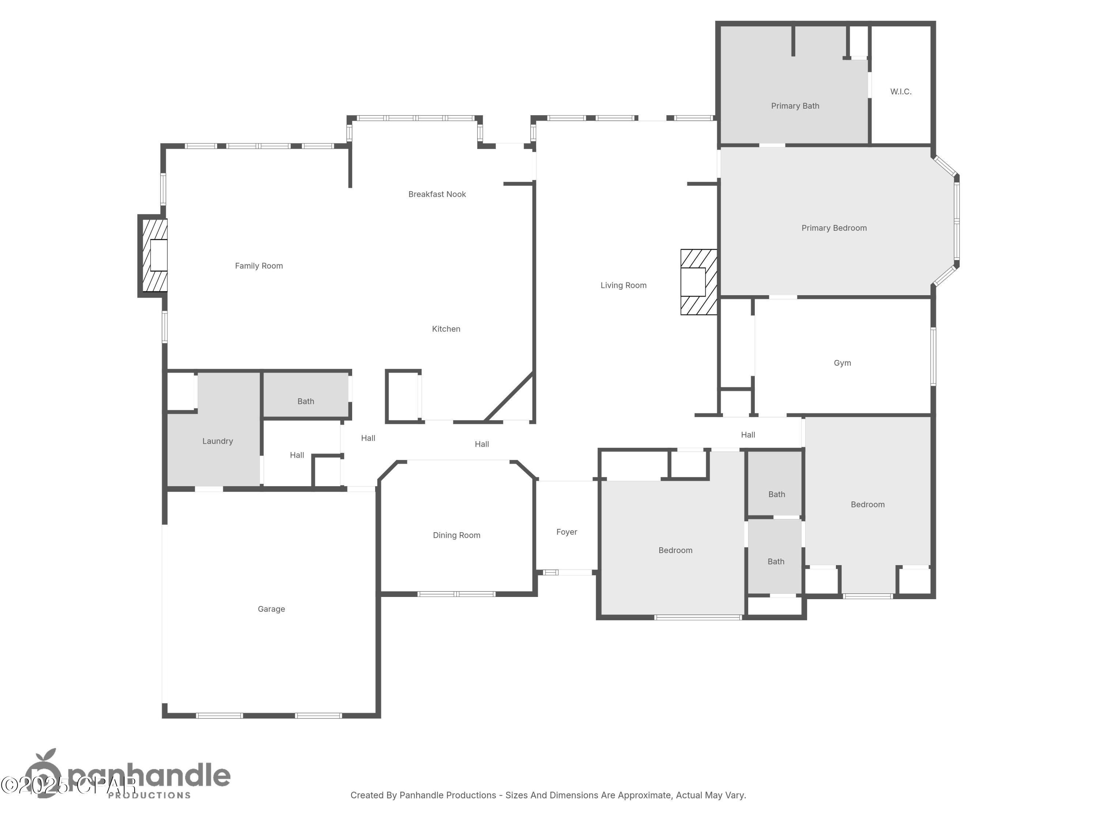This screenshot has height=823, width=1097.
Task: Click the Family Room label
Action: click(x=259, y=266)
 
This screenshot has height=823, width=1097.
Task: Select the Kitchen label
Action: click(x=446, y=329)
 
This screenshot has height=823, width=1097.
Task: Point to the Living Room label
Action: click(x=623, y=285)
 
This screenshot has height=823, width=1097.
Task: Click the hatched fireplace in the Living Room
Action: click(x=698, y=282)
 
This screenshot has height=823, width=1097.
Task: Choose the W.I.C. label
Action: click(x=901, y=92)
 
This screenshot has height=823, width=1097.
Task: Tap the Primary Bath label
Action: click(x=795, y=106)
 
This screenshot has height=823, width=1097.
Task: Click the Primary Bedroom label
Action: click(x=834, y=228)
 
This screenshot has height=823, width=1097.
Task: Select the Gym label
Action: click(x=842, y=363)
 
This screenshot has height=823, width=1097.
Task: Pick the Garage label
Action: click(x=271, y=609)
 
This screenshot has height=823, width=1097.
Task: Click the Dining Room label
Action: click(x=456, y=535)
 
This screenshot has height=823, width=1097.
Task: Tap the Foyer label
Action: click(x=566, y=532)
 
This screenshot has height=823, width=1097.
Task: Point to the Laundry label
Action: click(x=217, y=441)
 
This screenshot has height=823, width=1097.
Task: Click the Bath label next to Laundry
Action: click(x=305, y=401)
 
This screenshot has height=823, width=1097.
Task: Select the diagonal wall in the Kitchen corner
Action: click(x=509, y=397)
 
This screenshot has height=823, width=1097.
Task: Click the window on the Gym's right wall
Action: click(x=933, y=356)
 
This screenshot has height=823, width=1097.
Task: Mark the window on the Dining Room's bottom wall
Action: click(x=456, y=594)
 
